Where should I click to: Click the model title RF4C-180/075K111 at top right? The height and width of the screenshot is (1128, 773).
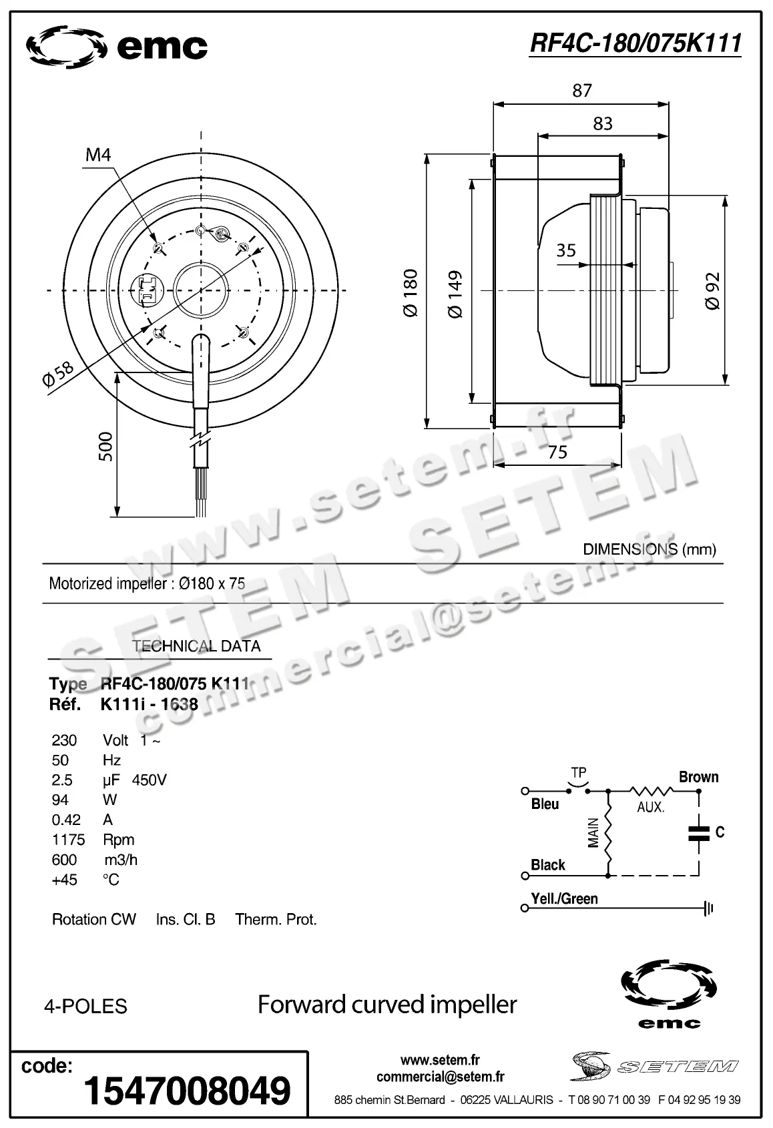click(635, 43)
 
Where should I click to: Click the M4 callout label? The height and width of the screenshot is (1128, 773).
click(98, 156)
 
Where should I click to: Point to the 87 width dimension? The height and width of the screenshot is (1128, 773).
click(581, 90)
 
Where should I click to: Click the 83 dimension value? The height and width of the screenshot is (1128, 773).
click(602, 123)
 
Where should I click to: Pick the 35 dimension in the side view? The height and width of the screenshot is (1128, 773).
click(565, 250)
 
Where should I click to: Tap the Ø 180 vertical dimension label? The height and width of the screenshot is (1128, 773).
click(411, 292)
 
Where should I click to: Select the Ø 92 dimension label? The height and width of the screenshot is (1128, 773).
click(712, 291)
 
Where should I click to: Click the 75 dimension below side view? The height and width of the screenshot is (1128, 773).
click(557, 453)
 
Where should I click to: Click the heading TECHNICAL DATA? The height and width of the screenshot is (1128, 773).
click(196, 646)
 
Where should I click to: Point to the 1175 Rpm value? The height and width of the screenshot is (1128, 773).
click(65, 840)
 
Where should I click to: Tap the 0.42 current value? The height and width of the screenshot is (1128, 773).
click(65, 820)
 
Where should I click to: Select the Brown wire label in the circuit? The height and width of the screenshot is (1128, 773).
click(698, 777)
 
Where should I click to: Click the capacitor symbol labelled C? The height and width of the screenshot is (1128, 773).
click(699, 832)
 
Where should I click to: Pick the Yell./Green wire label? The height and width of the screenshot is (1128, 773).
click(564, 899)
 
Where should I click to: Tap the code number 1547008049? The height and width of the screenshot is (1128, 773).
click(187, 1091)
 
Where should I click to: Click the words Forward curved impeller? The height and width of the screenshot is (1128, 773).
click(387, 1005)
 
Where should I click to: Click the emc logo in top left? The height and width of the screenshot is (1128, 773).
click(117, 47)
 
